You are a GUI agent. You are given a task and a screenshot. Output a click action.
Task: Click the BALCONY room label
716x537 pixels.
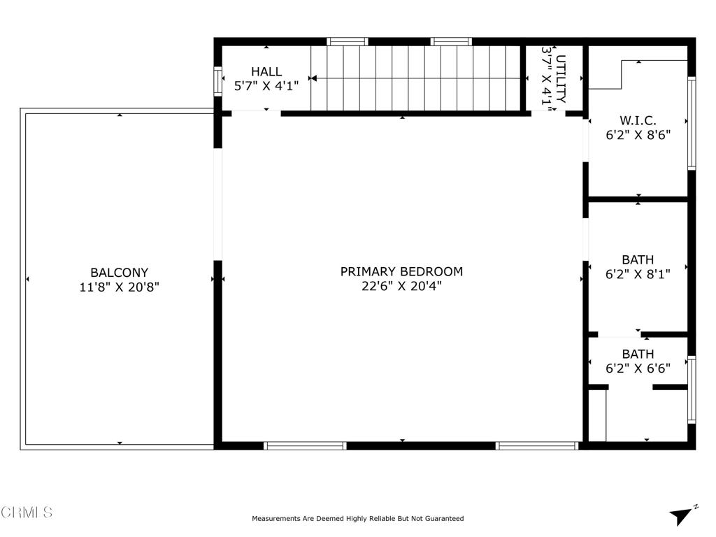(119, 273)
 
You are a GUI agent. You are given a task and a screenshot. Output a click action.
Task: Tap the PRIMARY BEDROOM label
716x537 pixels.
(401, 271)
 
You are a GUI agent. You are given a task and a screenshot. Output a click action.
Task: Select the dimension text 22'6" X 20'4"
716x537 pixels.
(401, 286)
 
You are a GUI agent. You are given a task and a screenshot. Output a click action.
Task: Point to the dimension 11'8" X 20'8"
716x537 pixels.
(119, 287)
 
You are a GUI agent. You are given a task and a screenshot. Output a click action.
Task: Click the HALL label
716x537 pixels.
(266, 71)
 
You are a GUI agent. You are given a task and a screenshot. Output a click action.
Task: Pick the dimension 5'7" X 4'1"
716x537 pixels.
(266, 86)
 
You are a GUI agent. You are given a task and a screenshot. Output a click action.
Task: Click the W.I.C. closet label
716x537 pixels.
(638, 120)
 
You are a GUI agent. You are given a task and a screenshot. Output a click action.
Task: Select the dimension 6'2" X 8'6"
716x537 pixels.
(638, 135)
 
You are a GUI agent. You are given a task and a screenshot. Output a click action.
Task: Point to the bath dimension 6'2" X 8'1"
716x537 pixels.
(638, 275)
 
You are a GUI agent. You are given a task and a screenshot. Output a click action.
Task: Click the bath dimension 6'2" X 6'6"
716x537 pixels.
(638, 368)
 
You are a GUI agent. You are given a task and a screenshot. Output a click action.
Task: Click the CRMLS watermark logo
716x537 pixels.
(27, 513)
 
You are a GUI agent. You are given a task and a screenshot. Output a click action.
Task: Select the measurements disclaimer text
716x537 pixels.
(357, 519)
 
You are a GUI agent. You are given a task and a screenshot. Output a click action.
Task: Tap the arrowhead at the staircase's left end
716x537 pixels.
(313, 78)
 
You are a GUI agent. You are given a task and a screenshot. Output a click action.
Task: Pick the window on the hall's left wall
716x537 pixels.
(217, 80)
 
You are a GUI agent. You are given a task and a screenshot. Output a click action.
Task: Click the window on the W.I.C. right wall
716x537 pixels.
(692, 123)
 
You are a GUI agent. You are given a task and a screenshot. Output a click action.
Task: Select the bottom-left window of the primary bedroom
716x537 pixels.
(305, 445)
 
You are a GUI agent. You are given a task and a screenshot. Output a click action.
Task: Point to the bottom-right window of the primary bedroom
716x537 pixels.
(537, 445)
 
